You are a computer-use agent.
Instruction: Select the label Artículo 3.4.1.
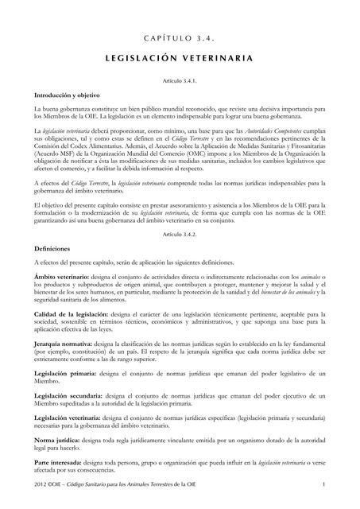pyautogui.click(x=180, y=82)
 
